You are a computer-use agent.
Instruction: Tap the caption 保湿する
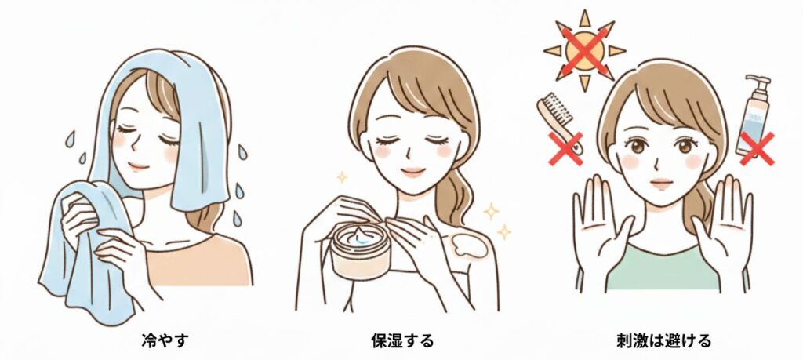tap(402, 340)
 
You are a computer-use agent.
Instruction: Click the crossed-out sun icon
tap(585, 50)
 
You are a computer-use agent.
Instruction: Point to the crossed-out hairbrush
tap(560, 125)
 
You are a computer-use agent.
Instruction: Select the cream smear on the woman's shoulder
tap(468, 245)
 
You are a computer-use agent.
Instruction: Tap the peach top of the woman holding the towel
tap(198, 260)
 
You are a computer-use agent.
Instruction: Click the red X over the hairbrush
tap(566, 149)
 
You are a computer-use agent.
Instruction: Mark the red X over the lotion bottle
tap(757, 148)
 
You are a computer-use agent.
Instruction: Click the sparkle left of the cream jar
tap(342, 177)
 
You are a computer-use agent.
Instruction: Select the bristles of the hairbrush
tap(558, 108)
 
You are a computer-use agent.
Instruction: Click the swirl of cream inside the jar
tap(362, 238)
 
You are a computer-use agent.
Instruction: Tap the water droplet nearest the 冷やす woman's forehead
tap(70, 139)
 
